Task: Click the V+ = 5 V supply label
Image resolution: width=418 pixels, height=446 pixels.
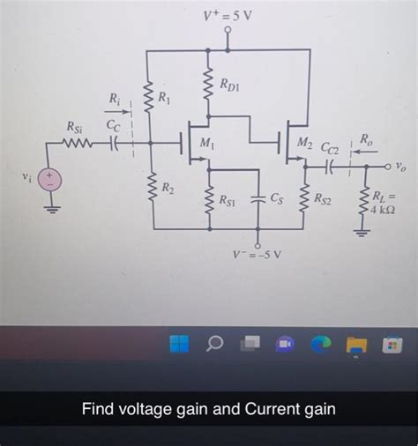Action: [x=228, y=15]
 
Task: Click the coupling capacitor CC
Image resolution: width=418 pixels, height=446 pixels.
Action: [x=114, y=142]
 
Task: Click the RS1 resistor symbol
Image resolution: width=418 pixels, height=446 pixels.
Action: [x=209, y=200]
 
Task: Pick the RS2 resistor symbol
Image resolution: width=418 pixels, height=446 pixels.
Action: [x=303, y=200]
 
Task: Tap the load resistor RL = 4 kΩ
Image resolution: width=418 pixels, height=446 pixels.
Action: [x=362, y=202]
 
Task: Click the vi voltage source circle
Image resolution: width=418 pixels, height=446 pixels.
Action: [x=50, y=180]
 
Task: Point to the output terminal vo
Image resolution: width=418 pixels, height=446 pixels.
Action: [x=388, y=165]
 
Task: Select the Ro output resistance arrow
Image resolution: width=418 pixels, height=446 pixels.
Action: [x=363, y=150]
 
